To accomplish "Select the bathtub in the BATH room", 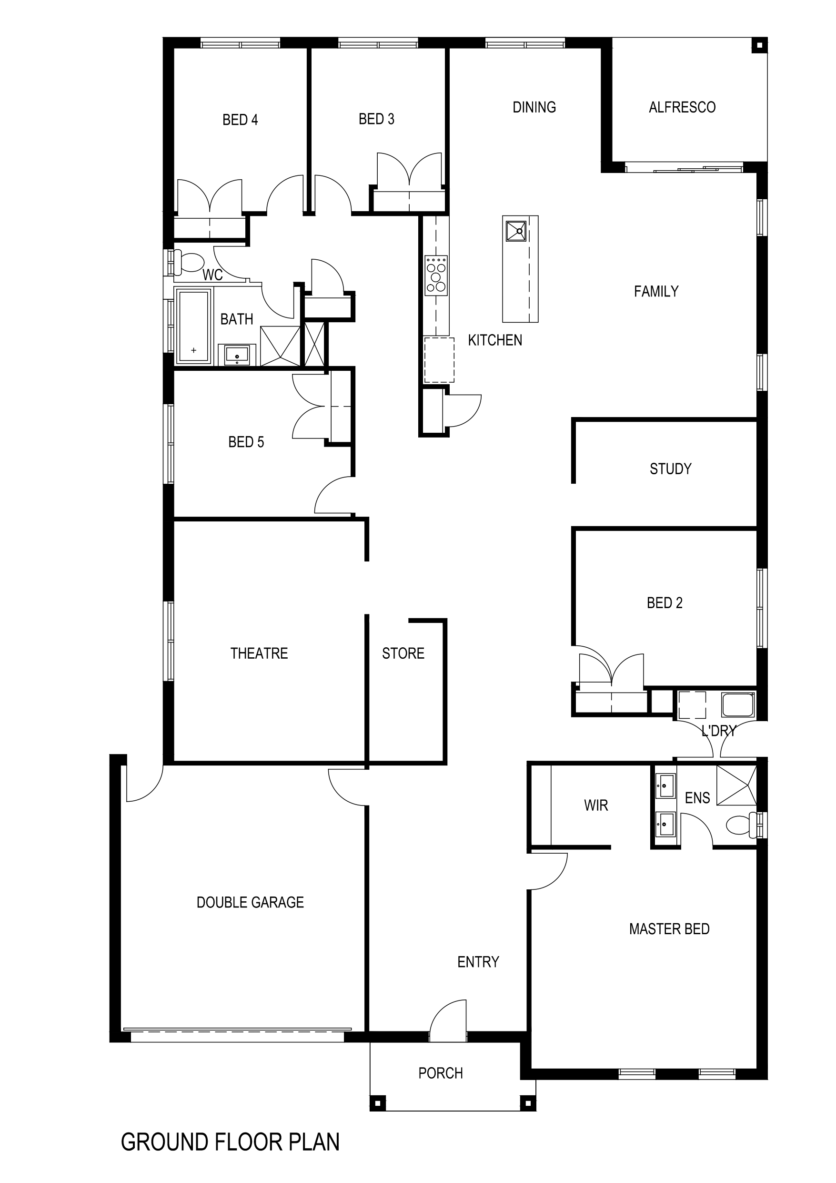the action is click(194, 326).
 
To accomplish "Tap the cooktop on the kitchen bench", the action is click(436, 275).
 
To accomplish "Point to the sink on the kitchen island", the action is click(515, 231).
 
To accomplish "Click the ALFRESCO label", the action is click(682, 107).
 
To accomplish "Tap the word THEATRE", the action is click(259, 653).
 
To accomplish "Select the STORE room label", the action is click(403, 653).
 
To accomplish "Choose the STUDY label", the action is click(671, 469).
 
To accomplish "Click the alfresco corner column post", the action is click(760, 45).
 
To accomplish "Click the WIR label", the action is click(596, 806).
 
